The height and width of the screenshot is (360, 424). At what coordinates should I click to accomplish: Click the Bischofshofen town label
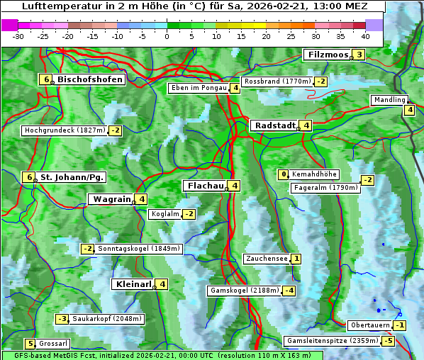[90, 79]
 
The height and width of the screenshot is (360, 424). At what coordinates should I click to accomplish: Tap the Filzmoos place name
[328, 55]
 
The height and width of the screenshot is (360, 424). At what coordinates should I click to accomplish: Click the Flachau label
[205, 186]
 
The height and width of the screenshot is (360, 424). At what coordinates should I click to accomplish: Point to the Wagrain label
[111, 199]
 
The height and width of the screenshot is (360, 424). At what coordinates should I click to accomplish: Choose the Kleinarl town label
[133, 284]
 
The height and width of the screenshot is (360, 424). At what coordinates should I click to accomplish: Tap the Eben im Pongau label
[198, 88]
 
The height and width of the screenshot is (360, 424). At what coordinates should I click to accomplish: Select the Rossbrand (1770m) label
[277, 81]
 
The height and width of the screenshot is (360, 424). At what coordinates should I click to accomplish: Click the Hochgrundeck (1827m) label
[64, 130]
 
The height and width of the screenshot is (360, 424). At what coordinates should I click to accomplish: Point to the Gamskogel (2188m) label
[243, 291]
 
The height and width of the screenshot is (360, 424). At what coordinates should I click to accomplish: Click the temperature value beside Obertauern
[401, 325]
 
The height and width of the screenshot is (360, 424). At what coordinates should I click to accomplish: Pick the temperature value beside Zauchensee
[296, 259]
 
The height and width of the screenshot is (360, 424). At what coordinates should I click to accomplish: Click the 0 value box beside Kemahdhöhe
[284, 174]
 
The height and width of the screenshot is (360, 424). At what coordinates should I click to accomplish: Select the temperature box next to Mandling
[409, 109]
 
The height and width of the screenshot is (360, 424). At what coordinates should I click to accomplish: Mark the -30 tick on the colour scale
[18, 36]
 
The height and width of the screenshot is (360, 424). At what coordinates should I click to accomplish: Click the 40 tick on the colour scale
[365, 36]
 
